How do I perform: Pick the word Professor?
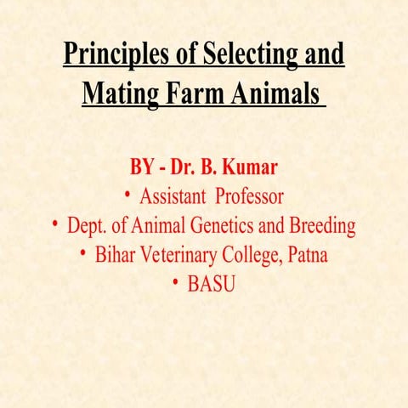click(x=249, y=197)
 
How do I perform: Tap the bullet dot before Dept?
click(x=54, y=225)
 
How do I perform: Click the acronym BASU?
click(x=212, y=284)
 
